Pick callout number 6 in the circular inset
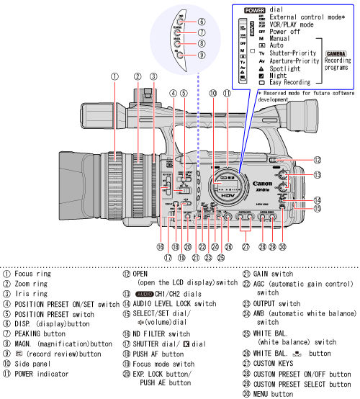point(202,22)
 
